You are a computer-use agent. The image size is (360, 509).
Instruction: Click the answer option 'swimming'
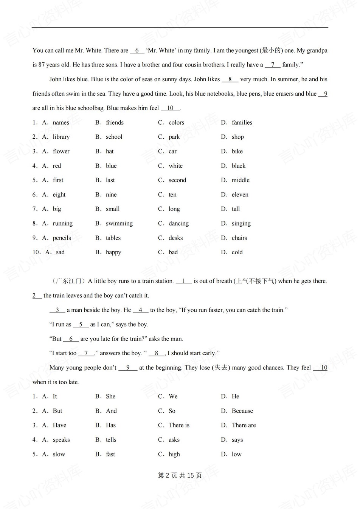coord(119,223)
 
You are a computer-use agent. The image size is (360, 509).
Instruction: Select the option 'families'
coord(242,122)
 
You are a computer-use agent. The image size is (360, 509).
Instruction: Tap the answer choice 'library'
coord(61,137)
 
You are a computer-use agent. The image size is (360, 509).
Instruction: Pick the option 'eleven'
coord(240,195)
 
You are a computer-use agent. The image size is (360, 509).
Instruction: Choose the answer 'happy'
coord(113,252)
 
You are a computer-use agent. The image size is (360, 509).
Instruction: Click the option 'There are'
coord(244,425)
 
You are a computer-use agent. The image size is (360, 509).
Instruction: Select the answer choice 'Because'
coord(242,411)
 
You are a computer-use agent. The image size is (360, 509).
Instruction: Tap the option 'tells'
coord(111,439)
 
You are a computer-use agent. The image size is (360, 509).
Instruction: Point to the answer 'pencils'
coord(62,238)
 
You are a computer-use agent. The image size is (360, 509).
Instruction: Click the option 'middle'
coord(241,180)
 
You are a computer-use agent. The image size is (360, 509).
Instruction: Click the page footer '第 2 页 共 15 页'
coord(180,475)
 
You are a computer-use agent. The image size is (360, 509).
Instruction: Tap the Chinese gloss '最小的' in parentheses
coord(271,50)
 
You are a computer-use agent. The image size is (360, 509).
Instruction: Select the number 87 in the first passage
coord(42,65)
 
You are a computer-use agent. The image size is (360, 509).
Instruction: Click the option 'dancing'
coord(178,223)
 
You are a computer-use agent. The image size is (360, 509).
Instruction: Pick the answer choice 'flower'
coord(61,151)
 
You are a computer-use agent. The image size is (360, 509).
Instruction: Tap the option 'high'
coord(174,454)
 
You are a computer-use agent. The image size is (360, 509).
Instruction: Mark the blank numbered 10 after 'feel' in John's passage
coord(170,108)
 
